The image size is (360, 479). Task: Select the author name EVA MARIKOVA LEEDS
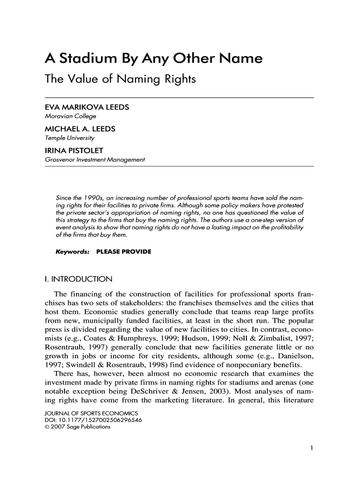86,108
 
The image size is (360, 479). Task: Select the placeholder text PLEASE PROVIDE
123,252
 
